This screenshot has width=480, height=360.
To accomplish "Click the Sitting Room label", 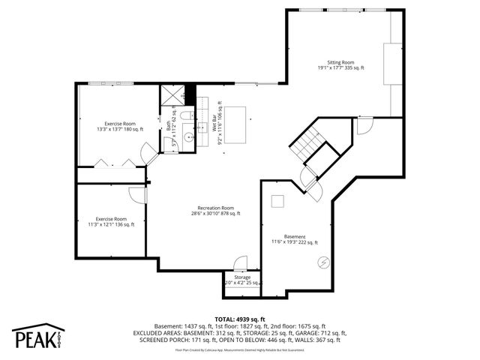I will coord(340,65).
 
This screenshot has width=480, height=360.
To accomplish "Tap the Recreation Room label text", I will coord(216,211).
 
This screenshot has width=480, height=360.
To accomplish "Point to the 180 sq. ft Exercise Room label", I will coord(119,125).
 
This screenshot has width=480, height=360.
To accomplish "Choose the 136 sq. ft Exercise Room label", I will coord(110,221).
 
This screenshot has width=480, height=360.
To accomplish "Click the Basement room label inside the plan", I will coord(295,239).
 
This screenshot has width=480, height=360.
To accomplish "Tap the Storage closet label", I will coord(241,280).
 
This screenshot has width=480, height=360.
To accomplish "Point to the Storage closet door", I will coord(241,263).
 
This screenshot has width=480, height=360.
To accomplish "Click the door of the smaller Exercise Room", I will coord(138,194).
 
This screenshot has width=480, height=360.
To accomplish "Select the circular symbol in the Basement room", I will coord(323,262).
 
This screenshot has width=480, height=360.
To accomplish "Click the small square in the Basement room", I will coord(277,200).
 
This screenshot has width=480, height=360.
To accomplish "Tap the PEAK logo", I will coord(37,337).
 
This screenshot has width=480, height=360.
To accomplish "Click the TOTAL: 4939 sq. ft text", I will coord(240,319).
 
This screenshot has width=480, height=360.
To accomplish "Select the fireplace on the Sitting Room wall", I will coord(390,67).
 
